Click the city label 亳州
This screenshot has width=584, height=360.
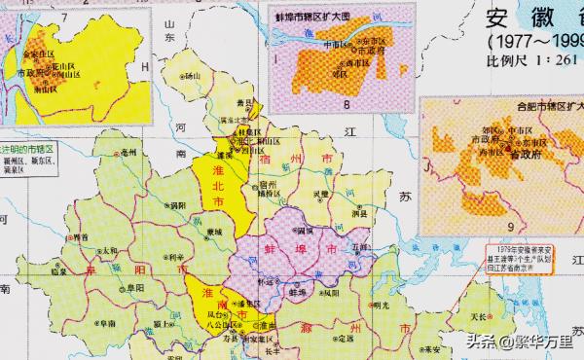point(128,153)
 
